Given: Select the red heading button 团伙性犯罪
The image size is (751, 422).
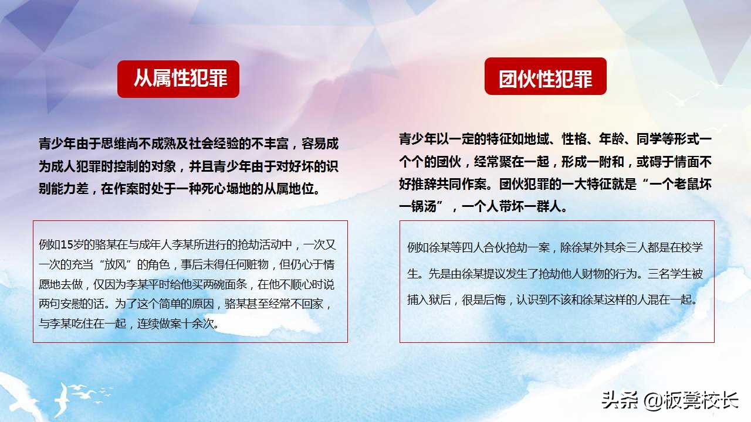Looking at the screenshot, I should click(x=545, y=77).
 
